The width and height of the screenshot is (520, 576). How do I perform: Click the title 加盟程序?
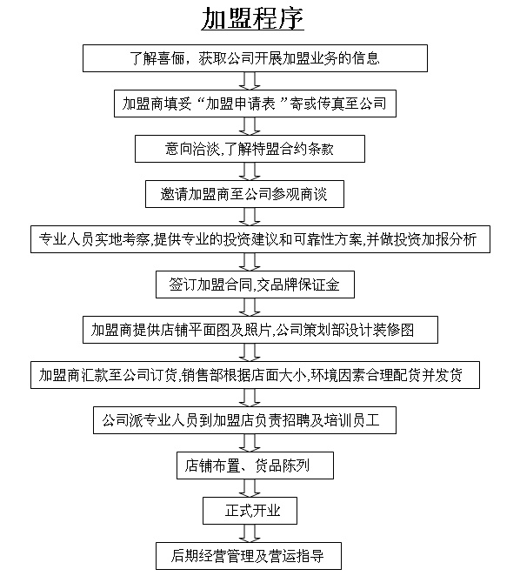(x=253, y=18)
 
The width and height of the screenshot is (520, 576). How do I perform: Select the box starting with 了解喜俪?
(x=255, y=58)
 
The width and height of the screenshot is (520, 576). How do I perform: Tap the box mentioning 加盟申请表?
(x=255, y=104)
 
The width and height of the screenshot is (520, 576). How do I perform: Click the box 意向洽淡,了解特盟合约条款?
(x=250, y=149)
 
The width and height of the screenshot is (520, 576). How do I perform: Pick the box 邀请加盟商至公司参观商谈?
(x=244, y=194)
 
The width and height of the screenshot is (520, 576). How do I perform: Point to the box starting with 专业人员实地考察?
(x=260, y=239)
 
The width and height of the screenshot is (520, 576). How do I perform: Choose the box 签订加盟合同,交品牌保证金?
(x=255, y=285)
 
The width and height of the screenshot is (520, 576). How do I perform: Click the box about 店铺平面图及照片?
(x=260, y=330)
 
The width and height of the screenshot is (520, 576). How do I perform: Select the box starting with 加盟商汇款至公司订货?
(x=255, y=375)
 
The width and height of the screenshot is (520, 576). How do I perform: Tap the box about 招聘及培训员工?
(x=244, y=420)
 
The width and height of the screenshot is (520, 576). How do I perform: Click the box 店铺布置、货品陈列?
(x=255, y=465)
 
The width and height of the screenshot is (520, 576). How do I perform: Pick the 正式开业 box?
(x=250, y=511)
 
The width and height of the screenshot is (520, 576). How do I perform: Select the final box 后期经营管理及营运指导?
(x=249, y=556)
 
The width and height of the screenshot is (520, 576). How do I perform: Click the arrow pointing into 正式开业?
(x=250, y=488)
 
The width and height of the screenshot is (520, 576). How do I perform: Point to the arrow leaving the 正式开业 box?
(x=250, y=533)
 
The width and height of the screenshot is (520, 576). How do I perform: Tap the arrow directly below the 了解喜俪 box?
(x=250, y=81)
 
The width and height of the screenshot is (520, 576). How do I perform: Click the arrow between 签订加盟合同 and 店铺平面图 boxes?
(x=250, y=307)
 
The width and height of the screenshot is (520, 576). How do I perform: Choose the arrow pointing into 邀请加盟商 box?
(x=250, y=171)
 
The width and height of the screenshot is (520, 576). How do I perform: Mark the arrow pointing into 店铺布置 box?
(x=250, y=443)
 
